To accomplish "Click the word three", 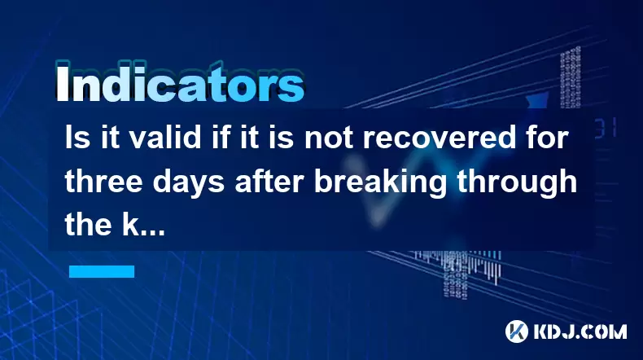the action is pyautogui.click(x=103, y=181).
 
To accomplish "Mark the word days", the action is pyautogui.click(x=189, y=182).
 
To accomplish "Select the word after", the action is pyautogui.click(x=269, y=181).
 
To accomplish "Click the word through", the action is pyautogui.click(x=517, y=182).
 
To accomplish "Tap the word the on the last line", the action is pyautogui.click(x=88, y=224).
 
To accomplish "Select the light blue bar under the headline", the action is pyautogui.click(x=102, y=271).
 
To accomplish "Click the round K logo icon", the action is pyautogui.click(x=516, y=331).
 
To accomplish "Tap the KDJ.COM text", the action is pyautogui.click(x=580, y=331).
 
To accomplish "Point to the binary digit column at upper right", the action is pyautogui.click(x=571, y=77).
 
